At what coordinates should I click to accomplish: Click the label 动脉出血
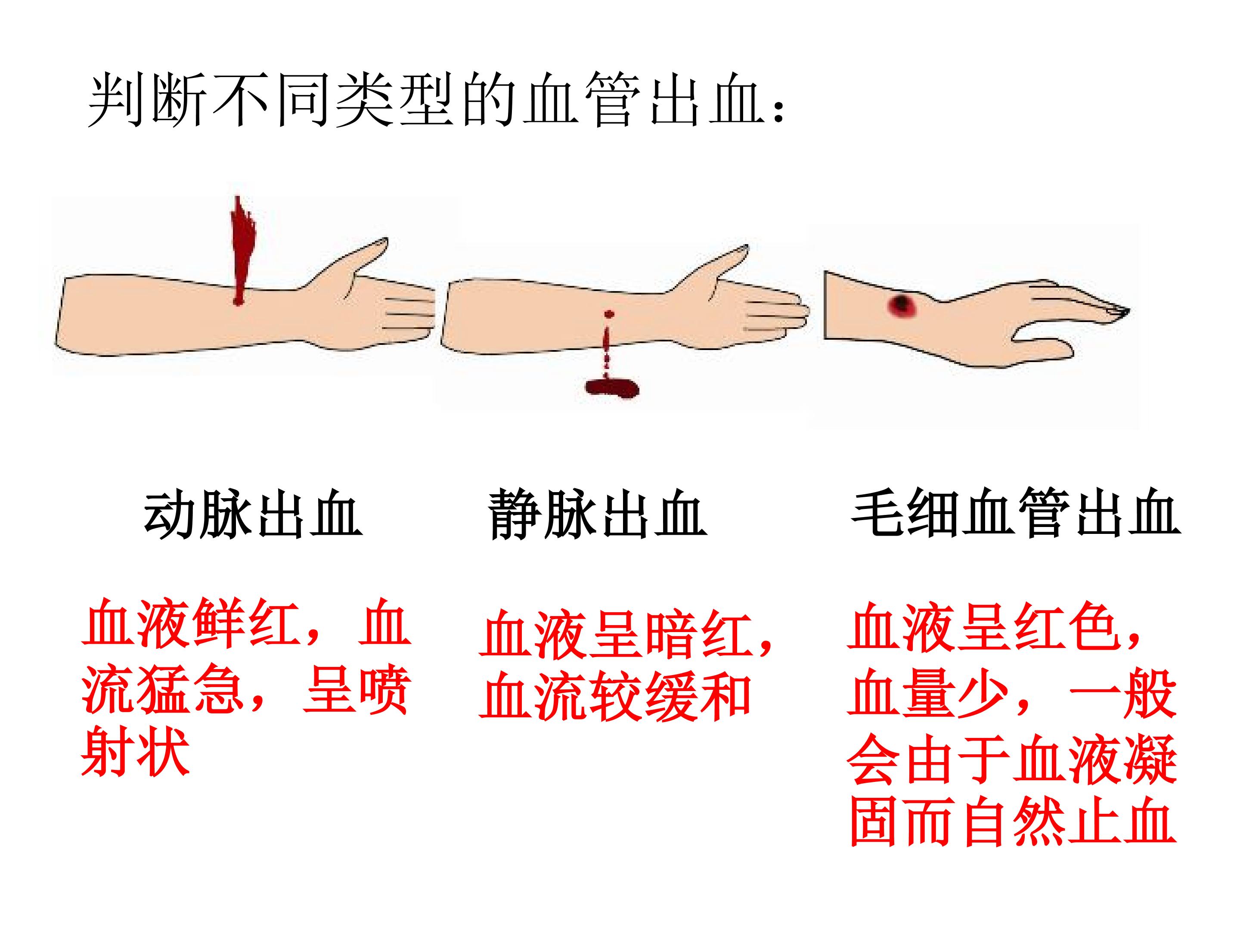click(x=253, y=515)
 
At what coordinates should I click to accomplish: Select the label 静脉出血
click(x=597, y=515)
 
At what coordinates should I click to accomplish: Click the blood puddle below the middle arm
click(x=611, y=388)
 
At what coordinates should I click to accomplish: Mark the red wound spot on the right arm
click(x=902, y=305)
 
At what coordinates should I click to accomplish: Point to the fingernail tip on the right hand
click(x=1119, y=311)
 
